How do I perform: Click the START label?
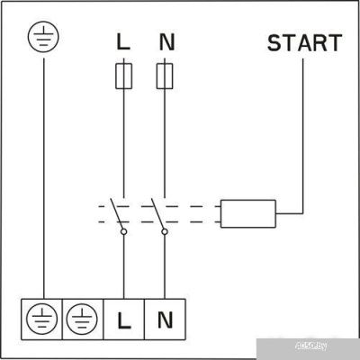304,42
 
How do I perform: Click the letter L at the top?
123,42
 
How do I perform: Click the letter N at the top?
165,42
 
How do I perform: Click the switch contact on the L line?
116,213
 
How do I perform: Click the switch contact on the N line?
157,213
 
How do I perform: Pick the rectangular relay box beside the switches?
248,213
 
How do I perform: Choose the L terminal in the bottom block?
123,318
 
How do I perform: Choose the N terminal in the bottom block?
165,318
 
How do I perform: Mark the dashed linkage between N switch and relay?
195,213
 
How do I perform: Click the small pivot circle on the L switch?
123,232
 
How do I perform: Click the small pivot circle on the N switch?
165,232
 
